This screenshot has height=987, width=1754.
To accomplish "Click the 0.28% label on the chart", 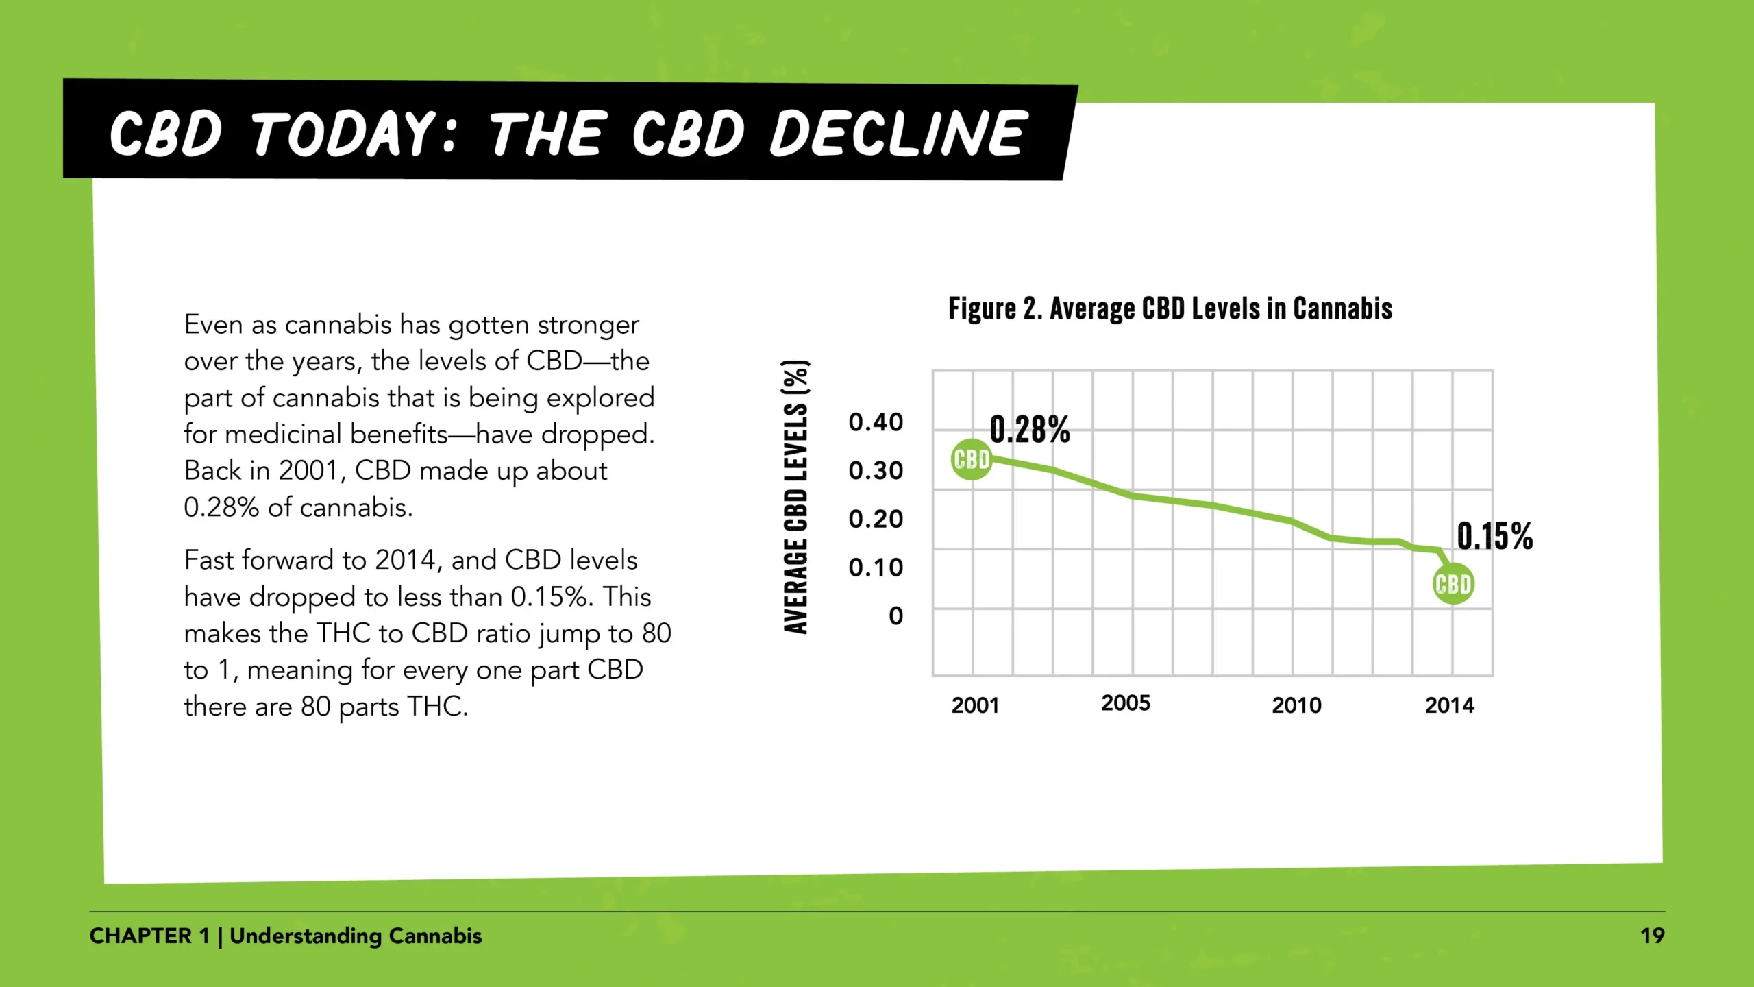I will click(1030, 430).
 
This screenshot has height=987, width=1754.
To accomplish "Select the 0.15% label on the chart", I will click(1494, 536).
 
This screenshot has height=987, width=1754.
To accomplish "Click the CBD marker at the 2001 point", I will click(972, 459).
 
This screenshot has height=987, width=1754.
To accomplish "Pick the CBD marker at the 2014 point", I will click(1453, 584).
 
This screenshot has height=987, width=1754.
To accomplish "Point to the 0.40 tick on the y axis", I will click(876, 422).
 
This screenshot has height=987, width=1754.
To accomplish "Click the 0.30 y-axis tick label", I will click(876, 471).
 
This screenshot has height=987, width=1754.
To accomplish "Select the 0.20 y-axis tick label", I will click(876, 519).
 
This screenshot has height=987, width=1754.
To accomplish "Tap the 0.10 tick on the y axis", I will click(876, 568).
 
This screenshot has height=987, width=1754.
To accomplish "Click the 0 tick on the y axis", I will click(895, 616).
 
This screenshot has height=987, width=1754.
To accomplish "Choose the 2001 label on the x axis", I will click(975, 705).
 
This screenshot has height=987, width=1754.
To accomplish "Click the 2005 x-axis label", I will click(1126, 703).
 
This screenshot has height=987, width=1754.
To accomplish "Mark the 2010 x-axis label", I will click(1296, 705).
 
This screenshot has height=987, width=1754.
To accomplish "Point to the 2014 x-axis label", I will click(1449, 705).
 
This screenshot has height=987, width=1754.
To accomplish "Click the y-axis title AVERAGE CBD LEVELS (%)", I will click(796, 497).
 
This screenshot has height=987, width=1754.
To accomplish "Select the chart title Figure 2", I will click(995, 309).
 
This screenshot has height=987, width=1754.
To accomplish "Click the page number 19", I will click(1652, 936).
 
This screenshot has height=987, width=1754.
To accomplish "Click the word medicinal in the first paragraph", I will click(283, 435).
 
